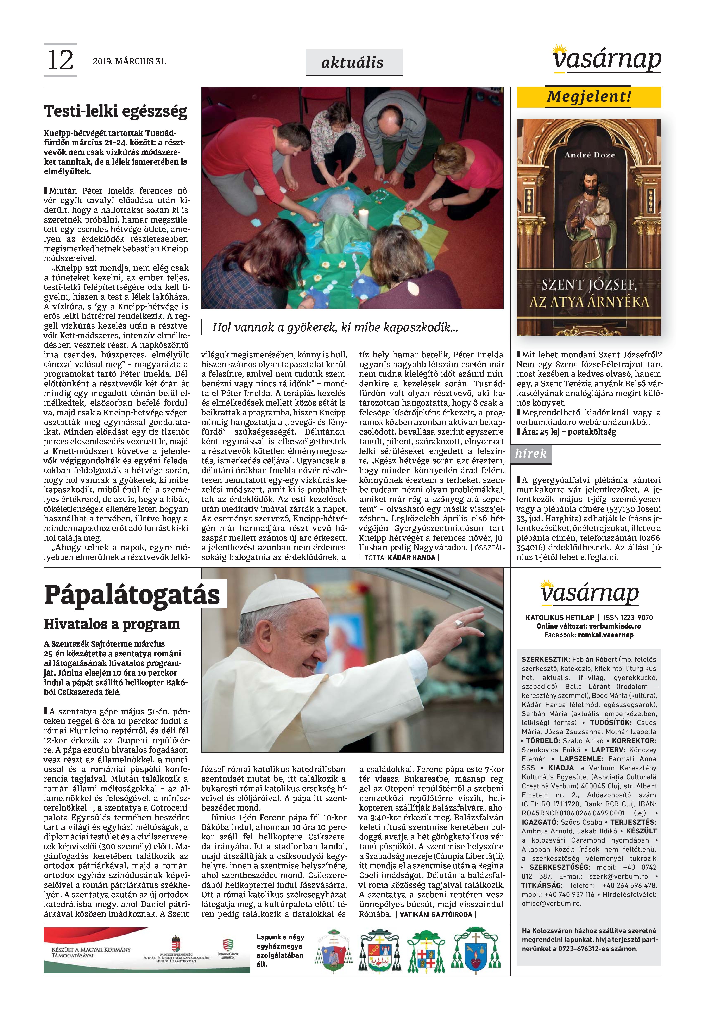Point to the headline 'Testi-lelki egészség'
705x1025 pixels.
tap(116, 111)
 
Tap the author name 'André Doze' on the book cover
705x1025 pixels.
tap(589, 155)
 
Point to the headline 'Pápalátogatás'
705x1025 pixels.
tap(132, 595)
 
